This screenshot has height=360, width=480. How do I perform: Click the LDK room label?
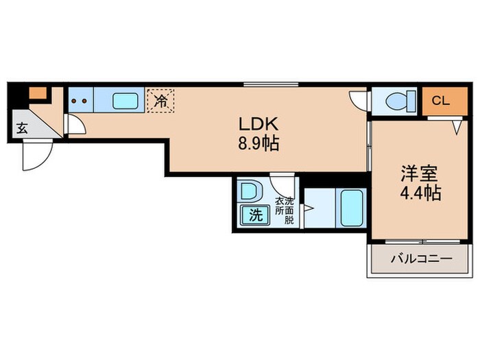pos(257,125)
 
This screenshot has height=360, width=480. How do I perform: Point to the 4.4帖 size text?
pos(420,193)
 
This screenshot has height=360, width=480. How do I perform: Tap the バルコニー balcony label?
pos(421,261)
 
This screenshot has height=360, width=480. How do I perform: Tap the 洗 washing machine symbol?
pos(255,215)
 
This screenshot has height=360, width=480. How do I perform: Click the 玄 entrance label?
pos(22,128)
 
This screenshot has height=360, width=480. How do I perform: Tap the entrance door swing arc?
pos(36,156)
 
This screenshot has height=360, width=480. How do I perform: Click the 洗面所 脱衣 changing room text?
pos(284,211)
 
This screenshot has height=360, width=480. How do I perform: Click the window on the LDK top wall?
pos(270,84)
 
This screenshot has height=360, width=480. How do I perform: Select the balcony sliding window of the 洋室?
pos(420,241)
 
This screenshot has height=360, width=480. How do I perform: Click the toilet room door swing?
pos(359,100)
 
